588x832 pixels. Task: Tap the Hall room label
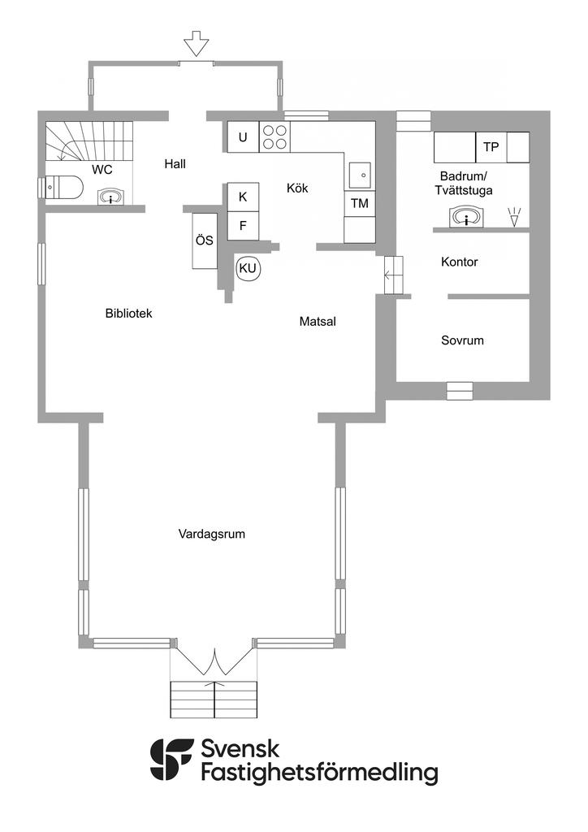click(175, 164)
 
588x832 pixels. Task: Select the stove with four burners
click(275, 136)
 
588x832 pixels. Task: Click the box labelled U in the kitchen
click(244, 136)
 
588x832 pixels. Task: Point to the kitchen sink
click(361, 174)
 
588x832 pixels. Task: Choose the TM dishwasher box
click(360, 203)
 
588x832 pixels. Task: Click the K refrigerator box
click(244, 197)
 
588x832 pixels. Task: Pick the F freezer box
click(244, 226)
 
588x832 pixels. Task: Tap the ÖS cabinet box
click(205, 240)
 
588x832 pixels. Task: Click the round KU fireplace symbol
click(248, 268)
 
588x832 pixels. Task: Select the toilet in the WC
click(63, 188)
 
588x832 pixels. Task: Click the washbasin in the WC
click(110, 197)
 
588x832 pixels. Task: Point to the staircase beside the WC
click(88, 141)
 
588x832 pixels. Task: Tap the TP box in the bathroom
click(491, 147)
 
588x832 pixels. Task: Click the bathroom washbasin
click(466, 218)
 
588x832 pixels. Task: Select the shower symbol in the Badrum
click(514, 217)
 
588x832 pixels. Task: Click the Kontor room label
click(460, 262)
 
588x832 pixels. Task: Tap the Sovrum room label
click(462, 340)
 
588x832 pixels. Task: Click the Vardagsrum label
click(211, 535)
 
